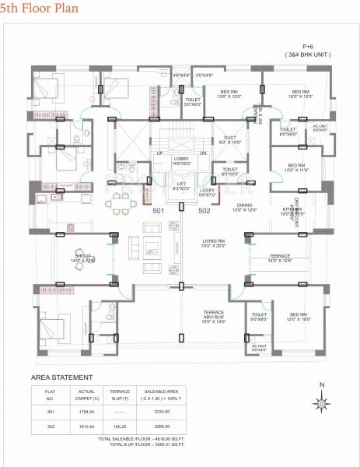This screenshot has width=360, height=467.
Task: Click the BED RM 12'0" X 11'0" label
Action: click(x=295, y=167)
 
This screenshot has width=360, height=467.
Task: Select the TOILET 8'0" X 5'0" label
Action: click(x=229, y=171)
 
